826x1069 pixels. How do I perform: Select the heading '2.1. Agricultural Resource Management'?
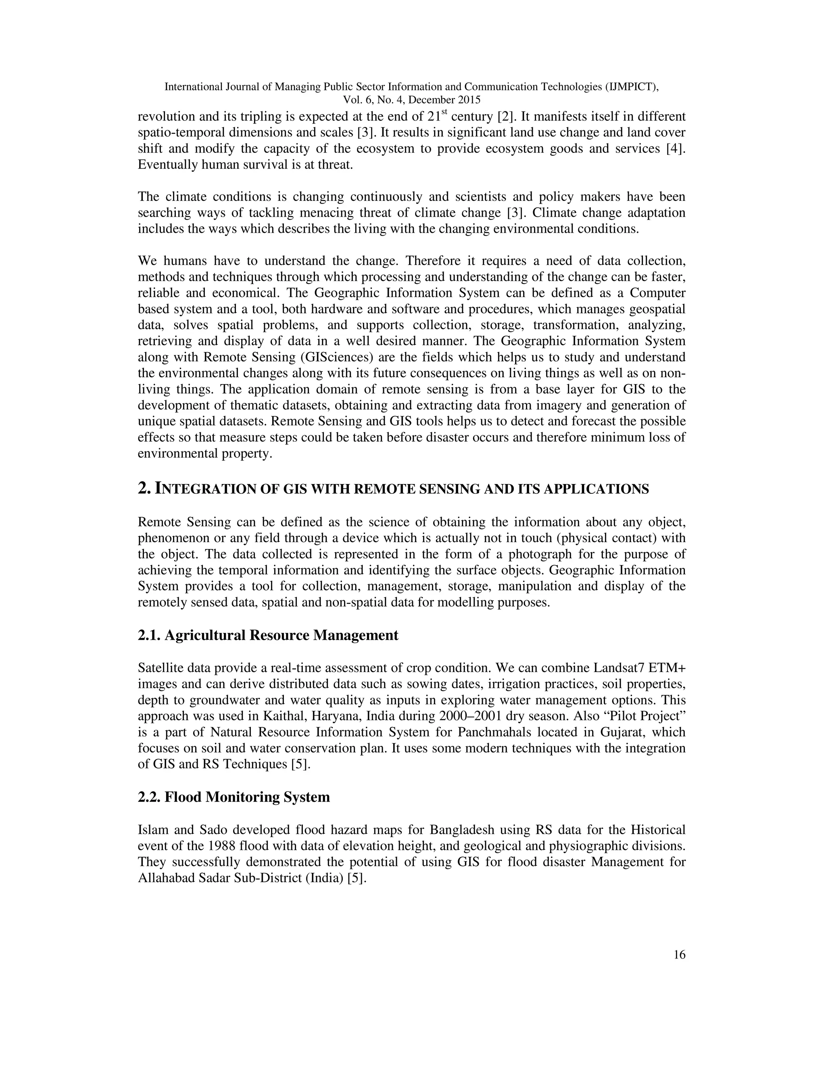(x=268, y=635)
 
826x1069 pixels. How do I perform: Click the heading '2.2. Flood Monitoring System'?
(x=234, y=797)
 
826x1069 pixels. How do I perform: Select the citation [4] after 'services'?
(x=676, y=149)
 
